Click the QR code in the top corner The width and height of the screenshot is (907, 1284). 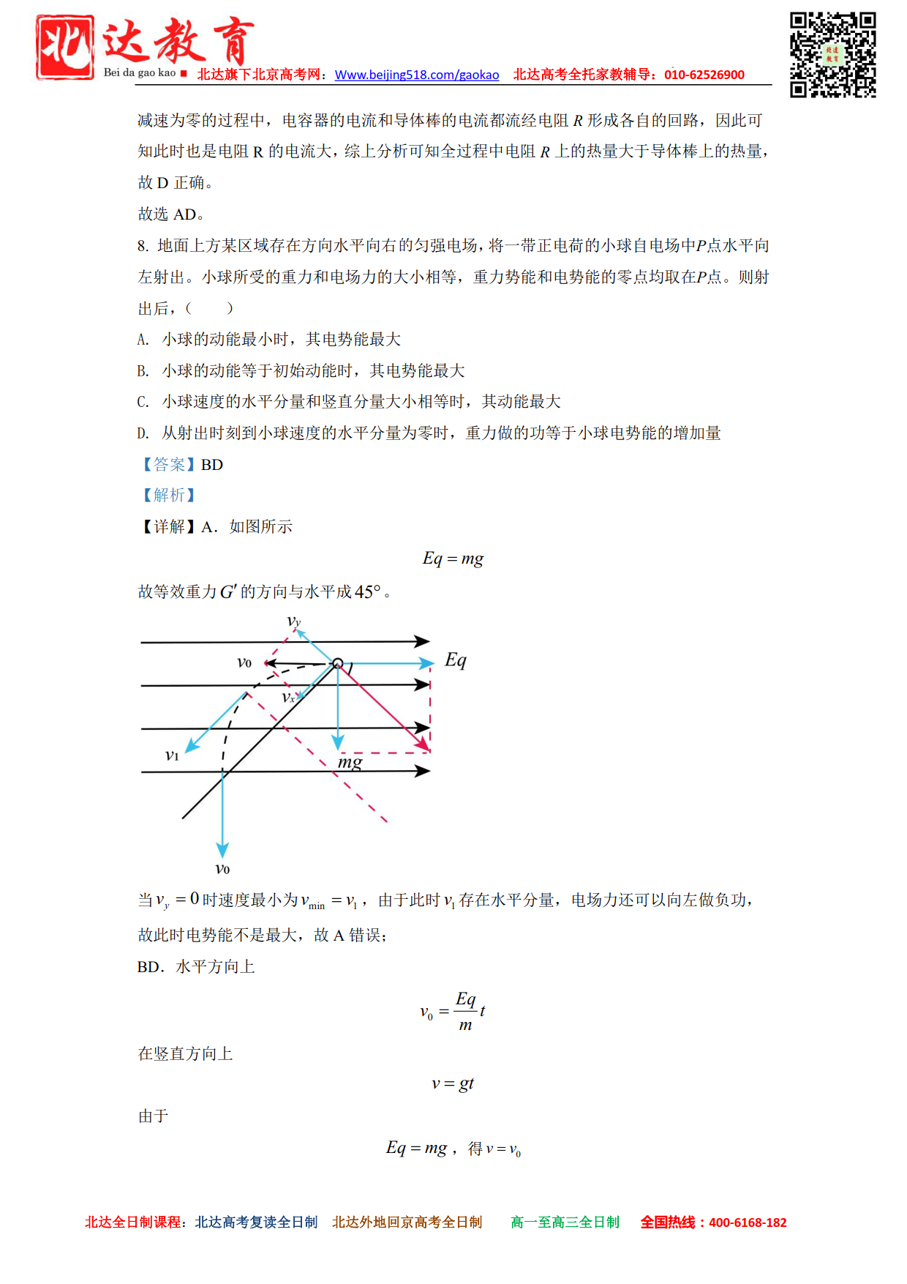832,54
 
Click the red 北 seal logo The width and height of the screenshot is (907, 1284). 65,47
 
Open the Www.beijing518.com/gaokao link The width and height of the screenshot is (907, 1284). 416,75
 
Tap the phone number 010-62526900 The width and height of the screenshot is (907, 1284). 704,75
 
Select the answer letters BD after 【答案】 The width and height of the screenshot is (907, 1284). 212,465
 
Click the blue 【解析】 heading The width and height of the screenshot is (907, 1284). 168,496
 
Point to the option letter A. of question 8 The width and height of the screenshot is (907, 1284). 143,340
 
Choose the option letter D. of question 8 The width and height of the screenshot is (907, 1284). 143,433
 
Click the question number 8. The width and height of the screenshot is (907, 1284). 143,246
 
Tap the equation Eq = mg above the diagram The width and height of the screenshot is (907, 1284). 453,559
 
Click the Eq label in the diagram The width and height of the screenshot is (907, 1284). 455,660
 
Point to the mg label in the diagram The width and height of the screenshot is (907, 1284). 350,762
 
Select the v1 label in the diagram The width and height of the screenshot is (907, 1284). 172,755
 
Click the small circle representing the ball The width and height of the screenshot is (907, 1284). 337,663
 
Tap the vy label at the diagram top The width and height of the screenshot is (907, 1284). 293,622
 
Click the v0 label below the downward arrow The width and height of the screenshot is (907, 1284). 222,869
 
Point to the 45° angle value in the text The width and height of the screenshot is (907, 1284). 367,591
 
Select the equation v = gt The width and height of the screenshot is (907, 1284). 453,1083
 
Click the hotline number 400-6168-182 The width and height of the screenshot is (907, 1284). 747,1223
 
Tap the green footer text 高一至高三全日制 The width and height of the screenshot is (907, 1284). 565,1223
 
